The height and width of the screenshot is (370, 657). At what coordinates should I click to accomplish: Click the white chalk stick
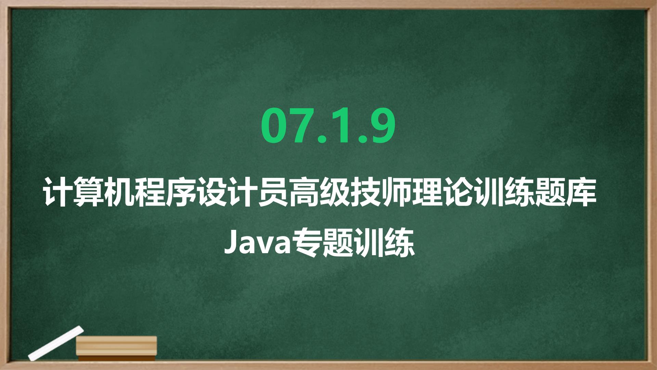point(56,343)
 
